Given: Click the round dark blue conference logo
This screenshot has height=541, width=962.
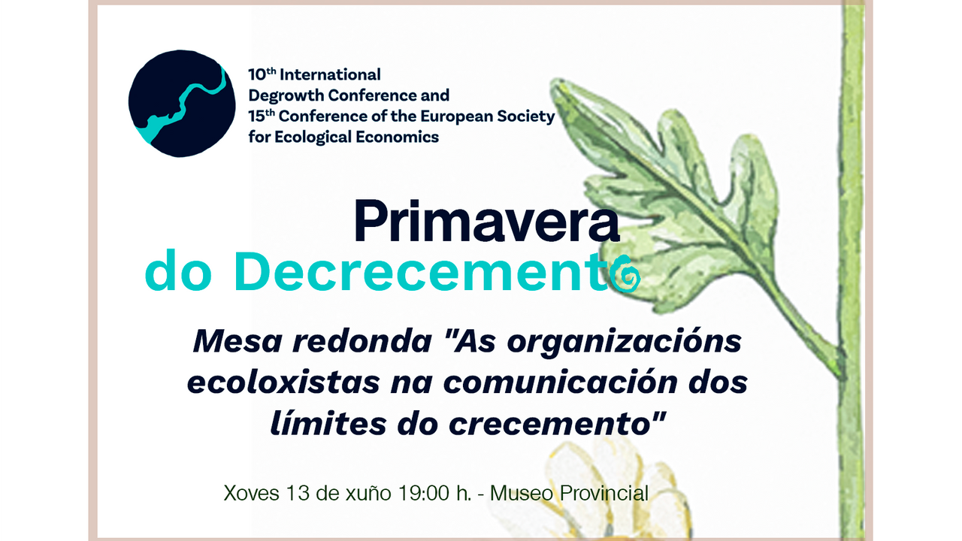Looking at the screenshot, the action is pyautogui.click(x=182, y=104).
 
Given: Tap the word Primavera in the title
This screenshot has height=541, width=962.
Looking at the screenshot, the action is pyautogui.click(x=486, y=221).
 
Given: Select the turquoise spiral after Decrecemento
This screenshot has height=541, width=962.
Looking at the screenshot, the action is pyautogui.click(x=625, y=274).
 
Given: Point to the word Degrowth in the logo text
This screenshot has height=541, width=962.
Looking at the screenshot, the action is pyautogui.click(x=286, y=95).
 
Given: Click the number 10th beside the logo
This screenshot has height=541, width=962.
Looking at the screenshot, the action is pyautogui.click(x=262, y=74).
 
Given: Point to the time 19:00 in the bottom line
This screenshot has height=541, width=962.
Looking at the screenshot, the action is pyautogui.click(x=424, y=494).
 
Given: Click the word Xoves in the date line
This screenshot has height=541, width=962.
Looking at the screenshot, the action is pyautogui.click(x=251, y=494).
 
